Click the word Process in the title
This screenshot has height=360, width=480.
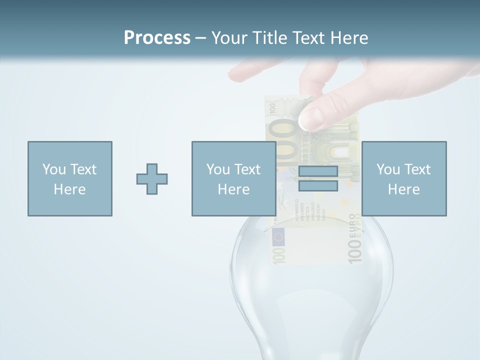pyautogui.click(x=157, y=38)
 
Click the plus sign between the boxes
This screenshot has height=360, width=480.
pyautogui.click(x=152, y=178)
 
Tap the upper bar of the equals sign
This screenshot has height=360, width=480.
pyautogui.click(x=318, y=171)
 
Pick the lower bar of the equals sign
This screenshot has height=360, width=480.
pyautogui.click(x=318, y=185)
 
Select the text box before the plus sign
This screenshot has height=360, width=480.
pyautogui.click(x=69, y=178)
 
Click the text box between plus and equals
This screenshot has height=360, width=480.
pyautogui.click(x=233, y=178)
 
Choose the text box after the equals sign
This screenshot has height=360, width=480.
pyautogui.click(x=403, y=178)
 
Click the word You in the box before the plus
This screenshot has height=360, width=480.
pyautogui.click(x=53, y=169)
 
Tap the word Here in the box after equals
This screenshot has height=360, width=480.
pyautogui.click(x=403, y=189)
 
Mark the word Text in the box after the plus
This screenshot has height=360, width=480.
pyautogui.click(x=247, y=169)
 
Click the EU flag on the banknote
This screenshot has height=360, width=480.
pyautogui.click(x=278, y=236)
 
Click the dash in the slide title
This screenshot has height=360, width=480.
pyautogui.click(x=201, y=38)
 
